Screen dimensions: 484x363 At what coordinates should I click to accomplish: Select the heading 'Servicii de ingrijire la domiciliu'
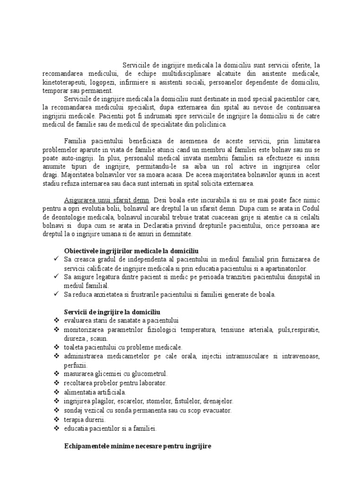pyautogui.click(x=112, y=312)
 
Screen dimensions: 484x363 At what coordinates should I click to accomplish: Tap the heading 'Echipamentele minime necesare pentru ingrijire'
pyautogui.click(x=138, y=446)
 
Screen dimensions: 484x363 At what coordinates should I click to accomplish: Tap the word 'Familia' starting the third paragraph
pyautogui.click(x=76, y=140)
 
